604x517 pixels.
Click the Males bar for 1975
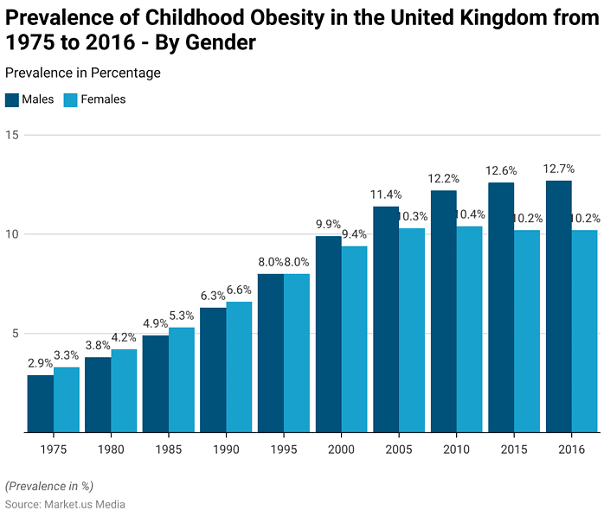[x=40, y=404]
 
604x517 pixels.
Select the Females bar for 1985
[x=182, y=380]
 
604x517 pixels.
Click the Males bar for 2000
[x=328, y=334]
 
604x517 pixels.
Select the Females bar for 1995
[x=297, y=353]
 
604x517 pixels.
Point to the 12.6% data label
[x=501, y=170]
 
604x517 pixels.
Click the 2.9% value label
[x=40, y=363]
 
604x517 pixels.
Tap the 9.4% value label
[x=354, y=234]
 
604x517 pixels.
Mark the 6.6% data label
[x=239, y=290]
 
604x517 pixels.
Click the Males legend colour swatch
[x=11, y=99]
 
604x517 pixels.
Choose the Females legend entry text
[x=103, y=99]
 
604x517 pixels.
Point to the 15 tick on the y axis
[x=10, y=135]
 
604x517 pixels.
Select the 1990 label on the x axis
[x=226, y=450]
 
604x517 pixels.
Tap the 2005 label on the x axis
[x=399, y=450]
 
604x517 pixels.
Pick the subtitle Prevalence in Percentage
[x=82, y=73]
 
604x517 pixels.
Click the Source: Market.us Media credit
[x=65, y=504]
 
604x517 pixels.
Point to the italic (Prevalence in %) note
[x=48, y=485]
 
